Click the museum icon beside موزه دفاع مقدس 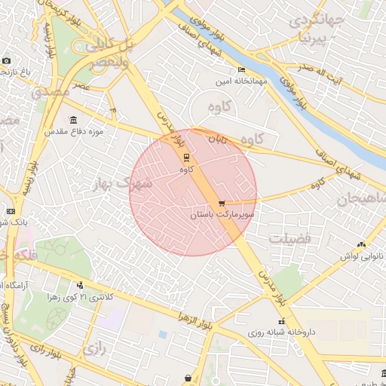[73, 121]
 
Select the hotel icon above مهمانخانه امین [241, 69]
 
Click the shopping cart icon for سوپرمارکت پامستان [222, 204]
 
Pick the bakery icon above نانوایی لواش [361, 244]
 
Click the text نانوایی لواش [360, 256]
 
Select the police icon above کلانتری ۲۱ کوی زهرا [79, 285]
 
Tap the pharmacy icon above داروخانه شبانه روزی [281, 321]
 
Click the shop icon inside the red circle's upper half [186, 158]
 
